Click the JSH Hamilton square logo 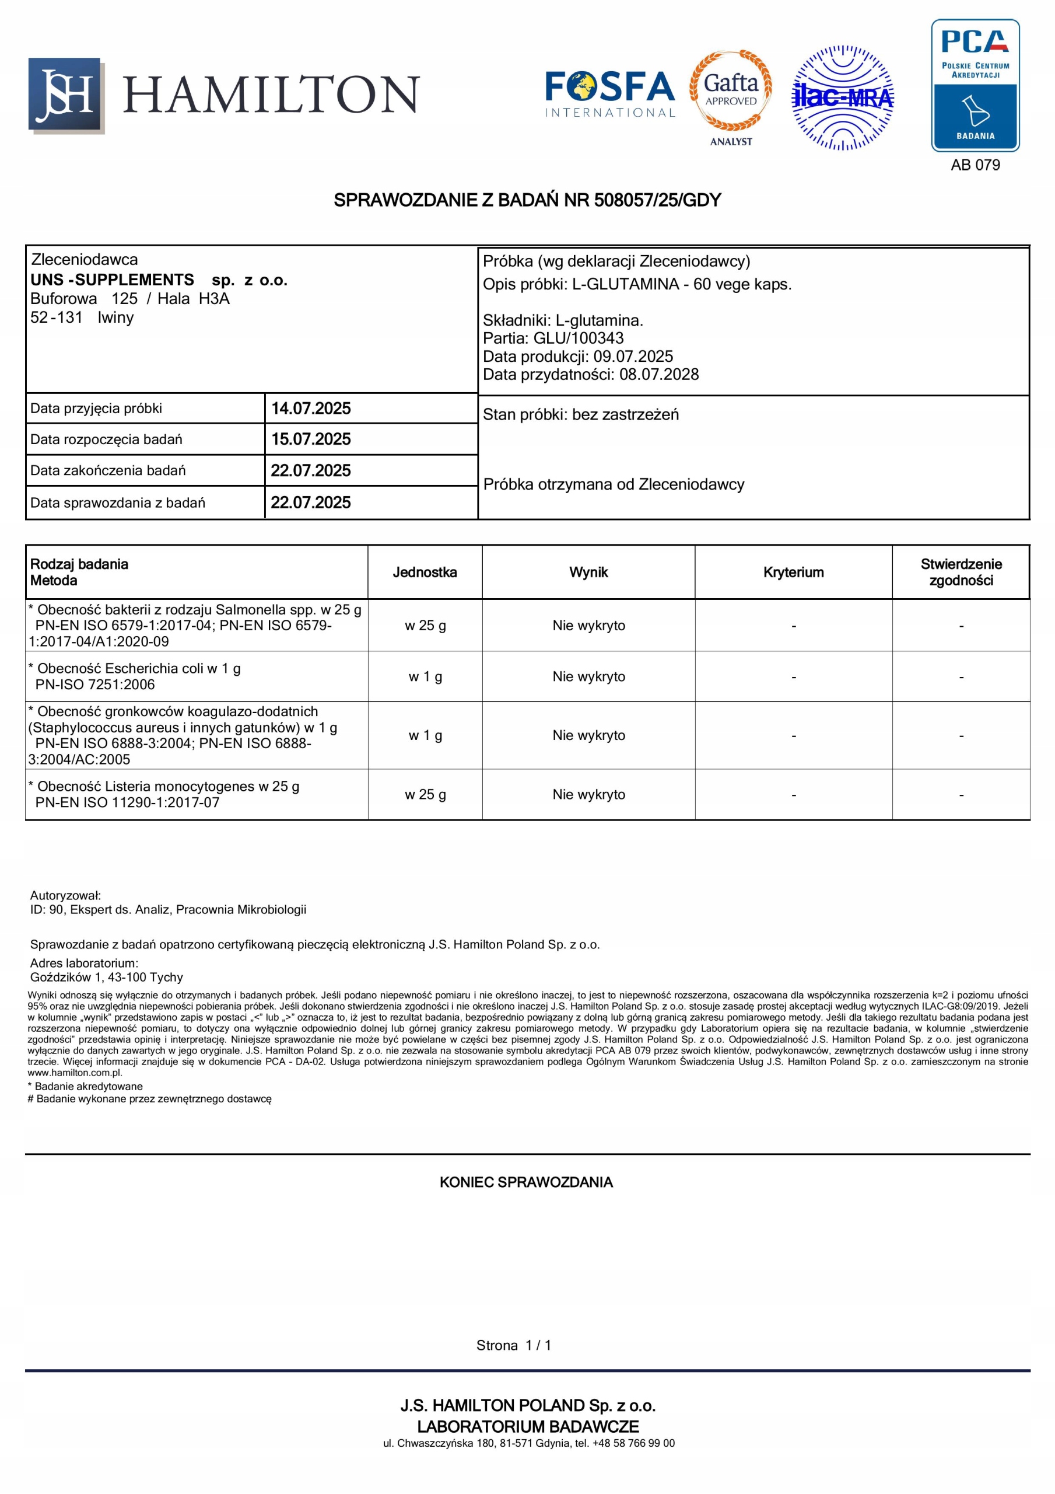(65, 95)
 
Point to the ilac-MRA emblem (842, 97)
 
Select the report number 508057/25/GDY (657, 200)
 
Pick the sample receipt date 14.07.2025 (311, 409)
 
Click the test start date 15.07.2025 (311, 439)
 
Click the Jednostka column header (425, 573)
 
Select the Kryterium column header (793, 573)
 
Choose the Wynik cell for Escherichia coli (588, 677)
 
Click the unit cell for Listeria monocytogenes (425, 794)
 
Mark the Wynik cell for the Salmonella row (588, 626)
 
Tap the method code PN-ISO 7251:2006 (95, 685)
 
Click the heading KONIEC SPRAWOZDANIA (526, 1182)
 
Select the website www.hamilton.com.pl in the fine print (75, 1073)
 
